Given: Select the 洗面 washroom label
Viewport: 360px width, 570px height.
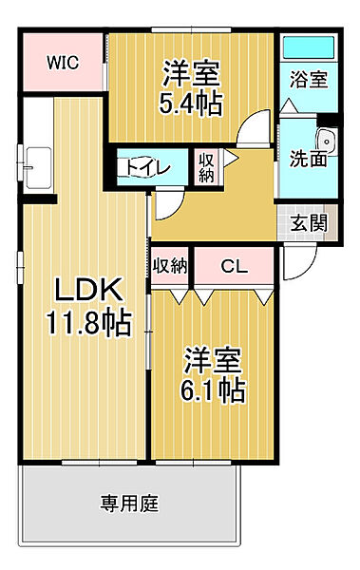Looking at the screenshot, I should [x=308, y=159].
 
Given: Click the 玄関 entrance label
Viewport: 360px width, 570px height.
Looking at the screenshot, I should [x=308, y=224].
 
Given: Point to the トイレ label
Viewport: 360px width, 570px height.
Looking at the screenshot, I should [x=144, y=168].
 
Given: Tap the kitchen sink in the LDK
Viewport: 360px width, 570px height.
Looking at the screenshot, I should [x=38, y=166].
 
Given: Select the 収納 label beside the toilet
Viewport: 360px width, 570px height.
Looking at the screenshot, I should [x=206, y=167].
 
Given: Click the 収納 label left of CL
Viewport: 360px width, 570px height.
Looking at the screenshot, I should [x=170, y=267].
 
